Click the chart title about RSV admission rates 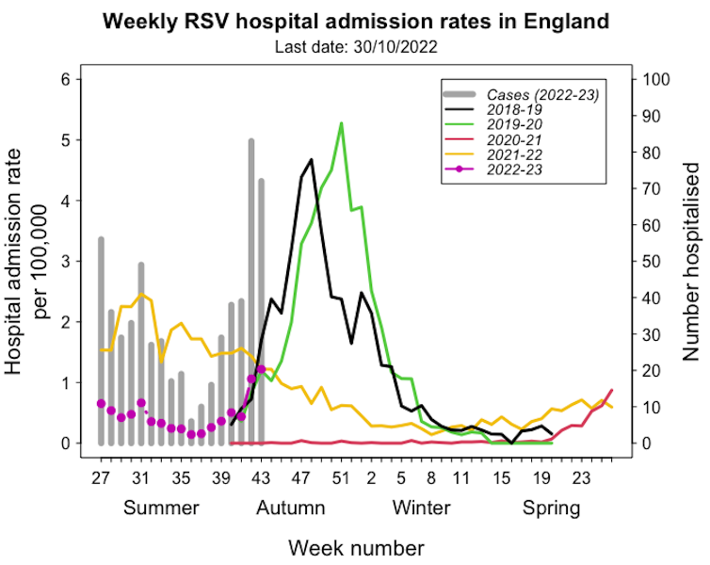click(355, 20)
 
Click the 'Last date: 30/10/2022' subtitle click(355, 45)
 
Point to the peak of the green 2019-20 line click(341, 122)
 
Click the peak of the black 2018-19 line click(311, 159)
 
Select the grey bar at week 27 click(101, 339)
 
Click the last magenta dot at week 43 click(261, 368)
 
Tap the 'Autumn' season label click(291, 508)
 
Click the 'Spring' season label click(552, 508)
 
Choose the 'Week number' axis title click(355, 547)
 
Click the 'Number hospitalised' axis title click(690, 262)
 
